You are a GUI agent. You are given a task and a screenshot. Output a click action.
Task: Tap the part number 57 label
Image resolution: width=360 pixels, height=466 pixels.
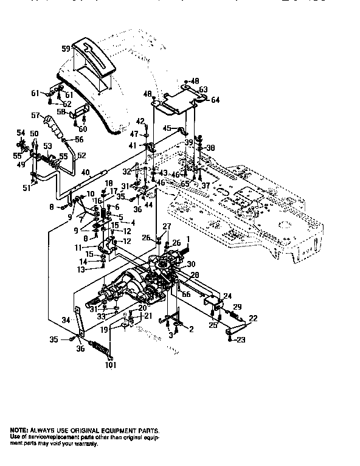pyautogui.click(x=35, y=114)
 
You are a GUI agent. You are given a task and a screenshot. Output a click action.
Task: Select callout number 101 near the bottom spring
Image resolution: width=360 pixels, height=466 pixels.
pyautogui.click(x=109, y=366)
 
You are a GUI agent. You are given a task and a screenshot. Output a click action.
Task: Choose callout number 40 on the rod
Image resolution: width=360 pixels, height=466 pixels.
pyautogui.click(x=85, y=172)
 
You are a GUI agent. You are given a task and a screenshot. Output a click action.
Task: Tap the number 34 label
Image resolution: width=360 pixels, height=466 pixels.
pyautogui.click(x=66, y=319)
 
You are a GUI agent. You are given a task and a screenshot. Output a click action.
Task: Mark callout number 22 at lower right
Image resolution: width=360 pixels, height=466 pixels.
pyautogui.click(x=253, y=318)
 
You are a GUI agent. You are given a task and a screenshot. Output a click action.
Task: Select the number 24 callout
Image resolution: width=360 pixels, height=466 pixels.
pyautogui.click(x=227, y=296)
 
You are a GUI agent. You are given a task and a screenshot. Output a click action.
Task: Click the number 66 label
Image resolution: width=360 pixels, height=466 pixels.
pyautogui.click(x=186, y=295)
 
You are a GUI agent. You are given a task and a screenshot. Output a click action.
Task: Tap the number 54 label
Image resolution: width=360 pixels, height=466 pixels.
pyautogui.click(x=21, y=133)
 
